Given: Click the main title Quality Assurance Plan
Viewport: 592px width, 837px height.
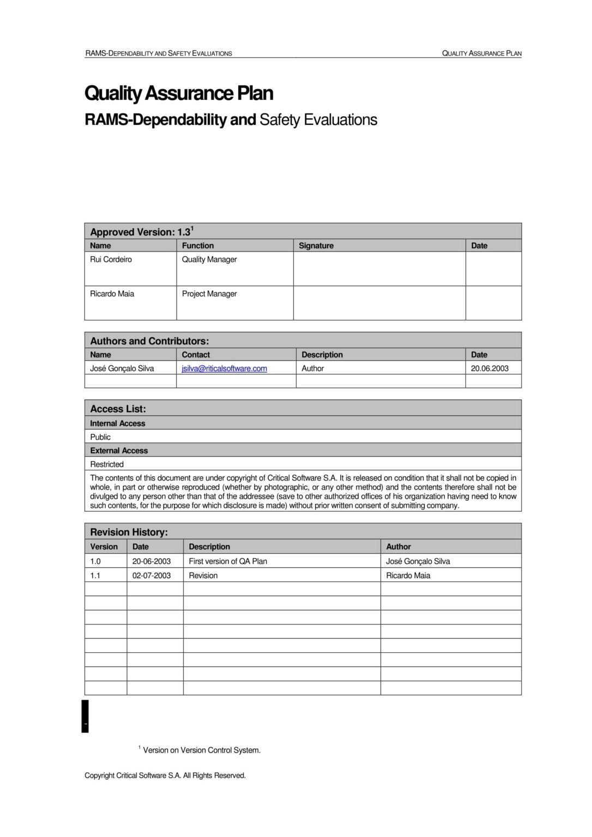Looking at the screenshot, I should coord(179,93).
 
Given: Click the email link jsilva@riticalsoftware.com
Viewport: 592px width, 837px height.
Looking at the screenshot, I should coord(224,368).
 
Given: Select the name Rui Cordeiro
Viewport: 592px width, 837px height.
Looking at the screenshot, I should coord(111,259).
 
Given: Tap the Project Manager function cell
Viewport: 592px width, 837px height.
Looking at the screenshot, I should coord(209,294).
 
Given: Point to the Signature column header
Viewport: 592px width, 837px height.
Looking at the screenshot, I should coord(316,246).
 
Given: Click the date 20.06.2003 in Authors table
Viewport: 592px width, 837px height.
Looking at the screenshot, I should coord(489,368).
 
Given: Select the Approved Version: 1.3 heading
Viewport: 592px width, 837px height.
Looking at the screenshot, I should coord(141,232).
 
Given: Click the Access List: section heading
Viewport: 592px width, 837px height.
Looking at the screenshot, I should coord(118,409).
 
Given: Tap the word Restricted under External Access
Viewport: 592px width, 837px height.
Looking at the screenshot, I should coord(107,464).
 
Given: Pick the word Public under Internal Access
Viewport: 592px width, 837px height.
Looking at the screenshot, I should coord(100,437).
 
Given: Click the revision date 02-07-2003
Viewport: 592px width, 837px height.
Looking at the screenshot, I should coord(151,575).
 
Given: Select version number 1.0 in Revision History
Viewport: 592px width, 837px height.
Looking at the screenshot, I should coord(95,561).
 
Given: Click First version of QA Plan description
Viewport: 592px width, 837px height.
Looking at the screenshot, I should coord(227,561).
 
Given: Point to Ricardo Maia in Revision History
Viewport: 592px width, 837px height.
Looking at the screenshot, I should coord(408,575).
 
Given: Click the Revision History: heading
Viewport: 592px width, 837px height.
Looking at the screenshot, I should coord(129,532).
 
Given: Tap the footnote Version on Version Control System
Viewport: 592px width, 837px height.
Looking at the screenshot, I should coord(201,750).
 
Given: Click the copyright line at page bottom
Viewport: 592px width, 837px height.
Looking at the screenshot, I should coord(165,775).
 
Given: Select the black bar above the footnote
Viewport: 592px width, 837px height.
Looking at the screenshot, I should coord(85,716).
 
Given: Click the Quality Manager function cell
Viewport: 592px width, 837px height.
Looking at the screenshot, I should coord(209,259).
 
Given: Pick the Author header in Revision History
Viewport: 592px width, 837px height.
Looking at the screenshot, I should coord(398,547).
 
